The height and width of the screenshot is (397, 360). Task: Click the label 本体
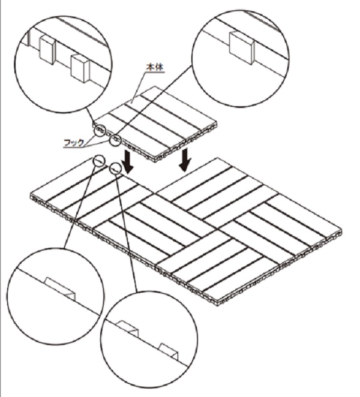pyautogui.click(x=155, y=67)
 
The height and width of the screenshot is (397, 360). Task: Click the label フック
pyautogui.click(x=74, y=143)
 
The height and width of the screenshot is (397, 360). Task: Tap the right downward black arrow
pyautogui.click(x=185, y=160)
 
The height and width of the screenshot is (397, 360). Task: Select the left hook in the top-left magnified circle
pyautogui.click(x=47, y=49)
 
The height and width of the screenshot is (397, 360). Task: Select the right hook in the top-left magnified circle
pyautogui.click(x=80, y=68)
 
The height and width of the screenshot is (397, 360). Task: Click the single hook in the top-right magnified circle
pyautogui.click(x=241, y=48)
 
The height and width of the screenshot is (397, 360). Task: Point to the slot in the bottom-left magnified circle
pyautogui.click(x=60, y=289)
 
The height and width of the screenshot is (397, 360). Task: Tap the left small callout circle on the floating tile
pyautogui.click(x=100, y=131)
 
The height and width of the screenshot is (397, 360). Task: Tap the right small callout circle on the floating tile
pyautogui.click(x=115, y=140)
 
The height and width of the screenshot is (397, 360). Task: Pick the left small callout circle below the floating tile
pyautogui.click(x=100, y=161)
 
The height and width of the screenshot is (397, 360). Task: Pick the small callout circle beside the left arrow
pyautogui.click(x=115, y=169)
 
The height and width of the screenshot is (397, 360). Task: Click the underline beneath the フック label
pyautogui.click(x=73, y=147)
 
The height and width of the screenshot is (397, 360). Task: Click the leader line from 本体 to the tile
pyautogui.click(x=139, y=88)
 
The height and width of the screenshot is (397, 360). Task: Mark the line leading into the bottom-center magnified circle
pyautogui.click(x=126, y=233)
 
